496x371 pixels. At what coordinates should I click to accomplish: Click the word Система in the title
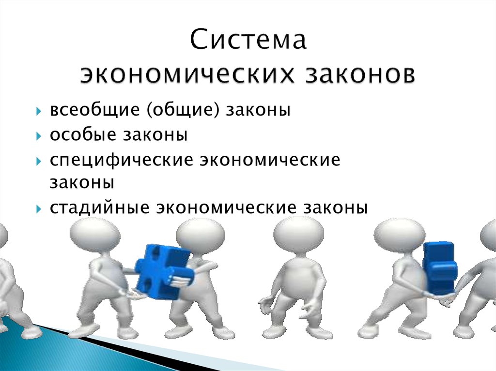(248, 41)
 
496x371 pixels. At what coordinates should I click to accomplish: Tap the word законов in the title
(359, 75)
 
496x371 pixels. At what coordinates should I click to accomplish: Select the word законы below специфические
(81, 183)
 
